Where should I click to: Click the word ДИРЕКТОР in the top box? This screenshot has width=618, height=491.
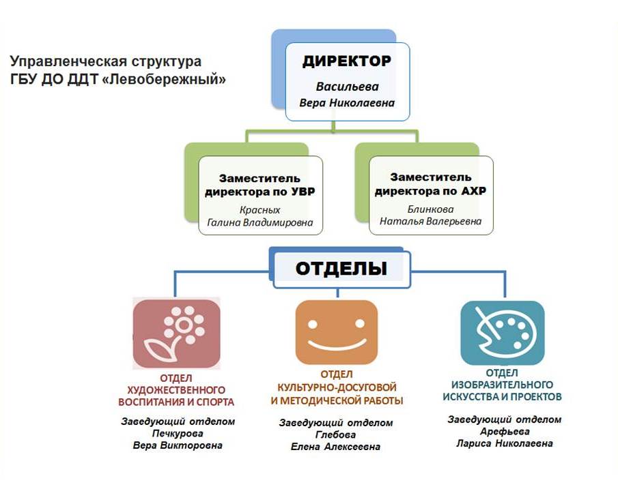(x=347, y=61)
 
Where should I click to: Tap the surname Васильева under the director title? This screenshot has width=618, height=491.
(x=347, y=87)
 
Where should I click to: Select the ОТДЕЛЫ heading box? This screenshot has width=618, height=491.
(x=341, y=269)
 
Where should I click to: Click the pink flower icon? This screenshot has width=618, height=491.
(x=177, y=334)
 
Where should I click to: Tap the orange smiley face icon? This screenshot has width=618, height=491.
(x=336, y=333)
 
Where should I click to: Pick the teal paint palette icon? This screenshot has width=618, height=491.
(x=503, y=333)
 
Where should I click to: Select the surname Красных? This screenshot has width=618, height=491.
(x=259, y=210)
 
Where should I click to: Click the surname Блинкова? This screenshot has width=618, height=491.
(x=430, y=209)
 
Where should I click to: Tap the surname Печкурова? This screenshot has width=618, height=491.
(x=178, y=434)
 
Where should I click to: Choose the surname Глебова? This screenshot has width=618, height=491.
(x=335, y=434)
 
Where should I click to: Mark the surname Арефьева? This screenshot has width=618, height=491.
(x=505, y=432)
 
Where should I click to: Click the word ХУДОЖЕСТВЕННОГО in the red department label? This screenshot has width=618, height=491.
(x=176, y=390)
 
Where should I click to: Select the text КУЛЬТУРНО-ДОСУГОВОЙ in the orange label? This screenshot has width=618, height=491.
(x=337, y=387)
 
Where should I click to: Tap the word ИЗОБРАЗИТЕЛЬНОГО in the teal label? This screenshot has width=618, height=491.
(x=502, y=385)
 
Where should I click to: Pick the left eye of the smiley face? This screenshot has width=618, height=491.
(x=313, y=325)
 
